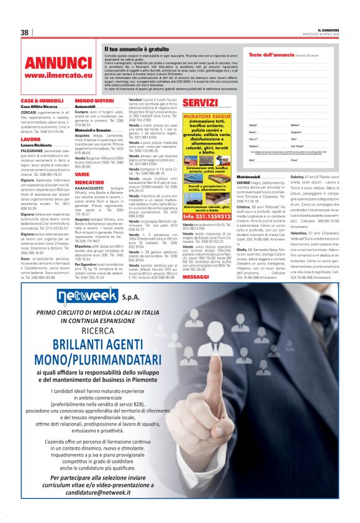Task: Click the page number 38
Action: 25,32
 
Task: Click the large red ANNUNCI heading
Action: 58,63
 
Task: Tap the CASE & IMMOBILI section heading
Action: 42,101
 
